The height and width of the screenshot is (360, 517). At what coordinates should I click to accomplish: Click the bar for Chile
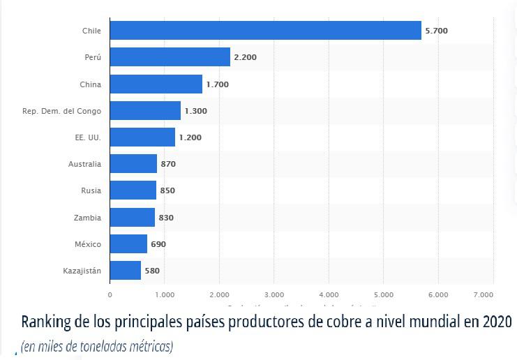tap(265, 31)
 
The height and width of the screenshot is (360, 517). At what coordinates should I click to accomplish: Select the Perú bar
tap(170, 57)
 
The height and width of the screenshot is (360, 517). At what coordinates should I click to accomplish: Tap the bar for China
tap(156, 84)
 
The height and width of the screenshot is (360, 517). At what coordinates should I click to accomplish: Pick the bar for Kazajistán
tap(126, 271)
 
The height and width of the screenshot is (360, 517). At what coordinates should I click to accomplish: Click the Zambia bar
tap(133, 218)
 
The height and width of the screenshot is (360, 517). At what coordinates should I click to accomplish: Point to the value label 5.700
tap(437, 31)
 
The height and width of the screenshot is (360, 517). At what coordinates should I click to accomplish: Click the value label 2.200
tap(245, 58)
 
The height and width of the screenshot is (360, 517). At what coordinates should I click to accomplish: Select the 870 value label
tap(168, 165)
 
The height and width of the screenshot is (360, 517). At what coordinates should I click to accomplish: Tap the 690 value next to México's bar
tap(158, 245)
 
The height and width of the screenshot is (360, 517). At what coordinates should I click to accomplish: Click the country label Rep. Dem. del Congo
tap(61, 111)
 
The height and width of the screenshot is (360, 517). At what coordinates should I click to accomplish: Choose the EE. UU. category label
tap(88, 137)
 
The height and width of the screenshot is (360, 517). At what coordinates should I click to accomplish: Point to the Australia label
tap(84, 164)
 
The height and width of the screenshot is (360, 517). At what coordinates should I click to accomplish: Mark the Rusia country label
tap(91, 190)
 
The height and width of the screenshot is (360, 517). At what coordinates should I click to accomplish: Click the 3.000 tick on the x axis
tap(274, 294)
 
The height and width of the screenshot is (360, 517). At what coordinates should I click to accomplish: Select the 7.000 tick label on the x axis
tap(483, 294)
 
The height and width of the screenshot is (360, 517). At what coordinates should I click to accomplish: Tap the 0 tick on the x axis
tap(110, 294)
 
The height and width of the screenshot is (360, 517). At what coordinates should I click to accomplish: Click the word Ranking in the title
tap(45, 323)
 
